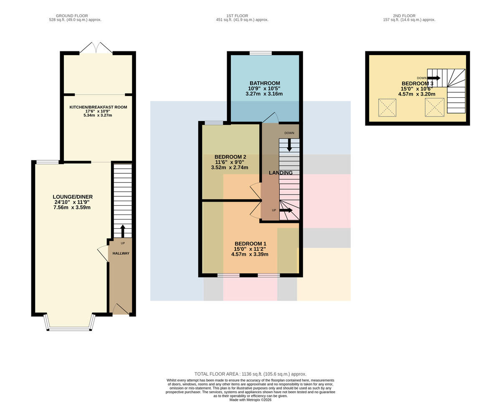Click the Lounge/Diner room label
[x=73, y=197]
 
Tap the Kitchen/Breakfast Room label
[x=98, y=107]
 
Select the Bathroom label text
[x=265, y=83]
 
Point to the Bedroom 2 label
[x=230, y=157]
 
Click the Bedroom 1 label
[x=250, y=244]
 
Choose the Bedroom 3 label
[x=417, y=83]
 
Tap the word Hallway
[x=121, y=253]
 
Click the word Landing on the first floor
[x=281, y=173]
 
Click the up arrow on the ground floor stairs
[x=123, y=231]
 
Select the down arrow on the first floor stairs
[x=289, y=145]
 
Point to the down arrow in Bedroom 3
[x=434, y=78]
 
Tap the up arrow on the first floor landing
[x=286, y=210]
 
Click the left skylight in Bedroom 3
[x=387, y=108]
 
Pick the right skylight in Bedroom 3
[x=435, y=107]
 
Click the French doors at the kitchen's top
[x=96, y=48]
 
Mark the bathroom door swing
[x=271, y=118]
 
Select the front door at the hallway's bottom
[x=121, y=309]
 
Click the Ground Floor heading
[x=72, y=16]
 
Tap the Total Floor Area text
[x=250, y=374]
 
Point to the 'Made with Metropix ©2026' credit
[x=250, y=400]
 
